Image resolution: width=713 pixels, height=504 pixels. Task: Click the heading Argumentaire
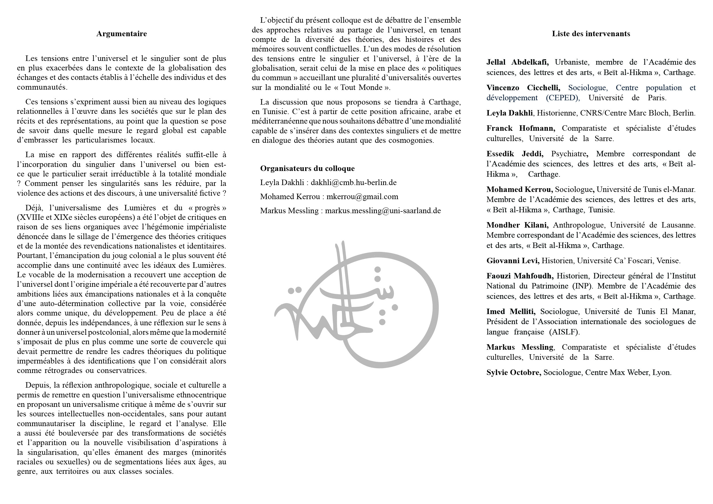[x=122, y=34]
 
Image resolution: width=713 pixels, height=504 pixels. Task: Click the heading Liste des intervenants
[x=591, y=34]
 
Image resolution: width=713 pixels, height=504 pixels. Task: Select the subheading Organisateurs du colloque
[x=307, y=168]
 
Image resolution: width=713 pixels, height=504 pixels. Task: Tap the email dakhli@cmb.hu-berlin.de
[x=353, y=182]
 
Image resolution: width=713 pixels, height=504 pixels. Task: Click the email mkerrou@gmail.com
[x=362, y=197]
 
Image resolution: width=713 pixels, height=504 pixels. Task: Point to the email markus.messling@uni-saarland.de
[x=383, y=211]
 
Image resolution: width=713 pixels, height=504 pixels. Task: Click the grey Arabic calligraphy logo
[x=356, y=304]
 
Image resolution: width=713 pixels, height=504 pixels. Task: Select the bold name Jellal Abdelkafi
[x=517, y=62]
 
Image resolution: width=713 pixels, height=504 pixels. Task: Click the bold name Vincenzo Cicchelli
[x=523, y=88]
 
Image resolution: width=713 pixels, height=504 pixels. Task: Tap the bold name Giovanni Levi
[x=513, y=261]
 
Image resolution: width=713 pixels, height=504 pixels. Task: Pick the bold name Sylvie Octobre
[x=514, y=372]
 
